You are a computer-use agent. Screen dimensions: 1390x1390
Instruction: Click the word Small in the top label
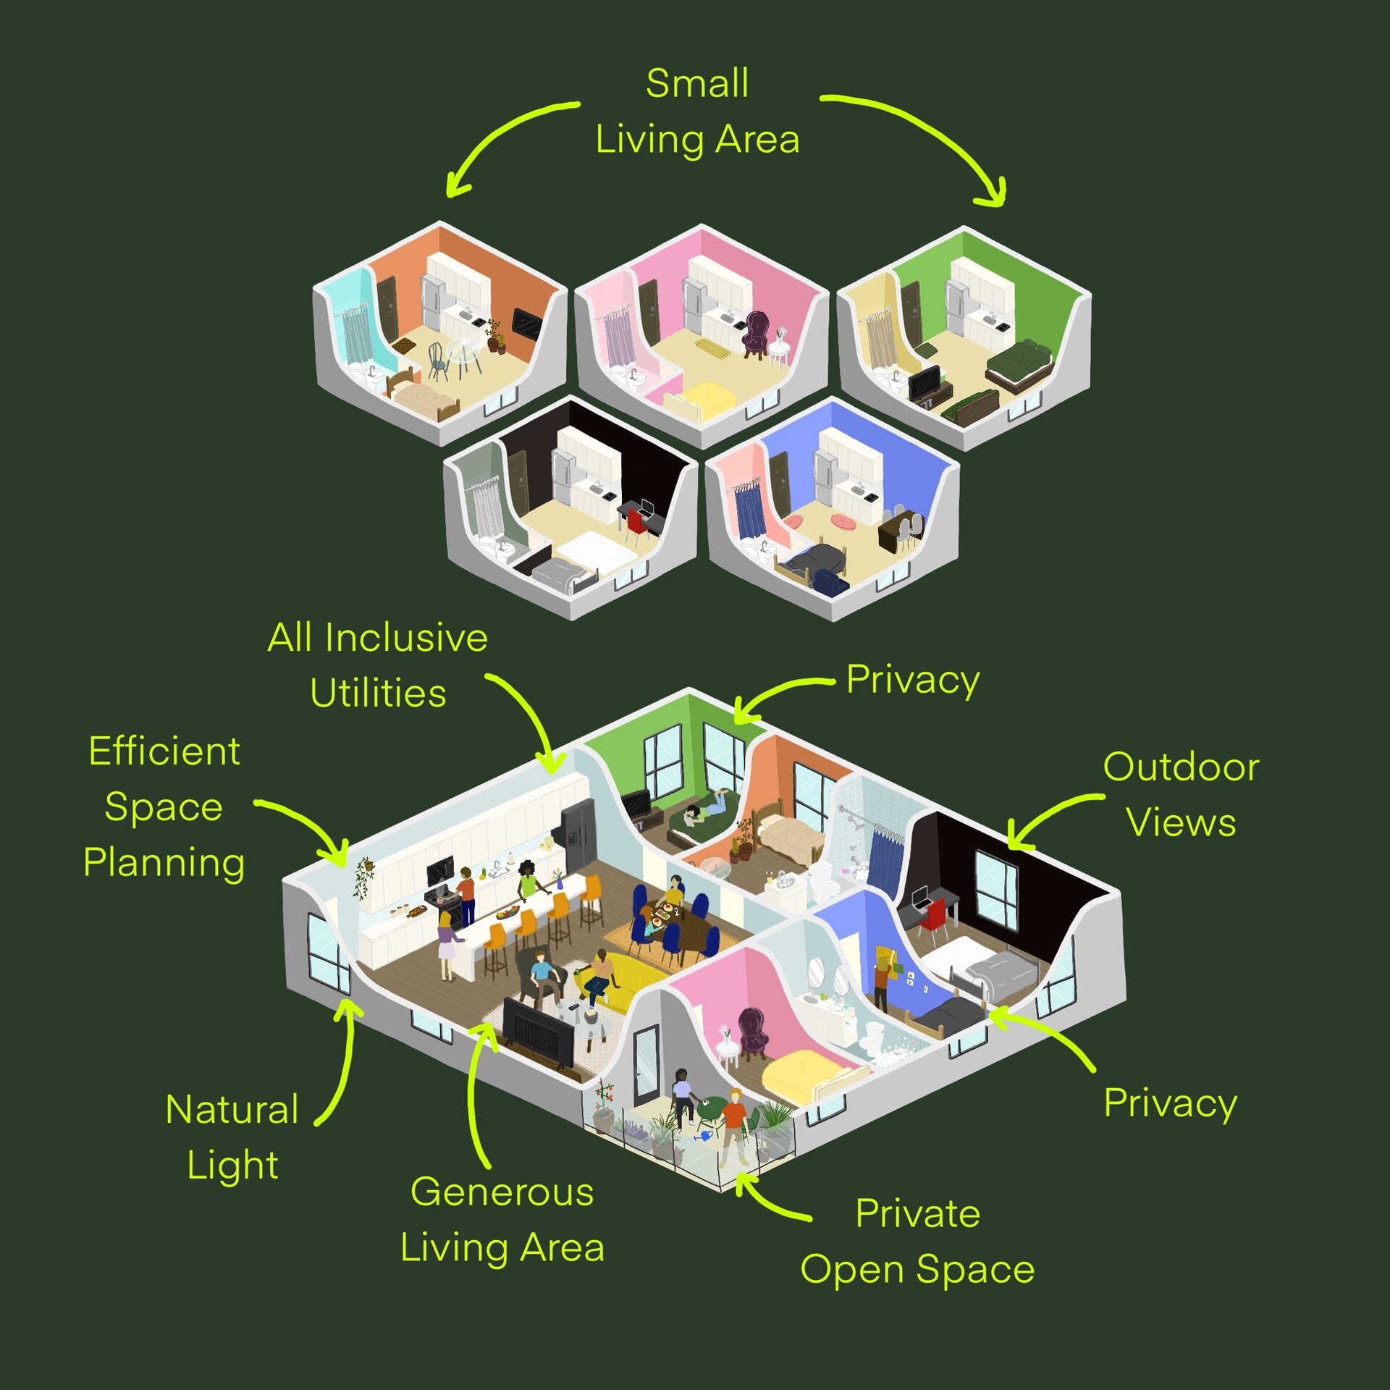coord(697,83)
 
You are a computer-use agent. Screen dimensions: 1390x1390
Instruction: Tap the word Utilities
coord(378,693)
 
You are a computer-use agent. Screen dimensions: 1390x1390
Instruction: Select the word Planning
coord(164,863)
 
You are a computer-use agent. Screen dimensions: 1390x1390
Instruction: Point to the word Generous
coord(502,1192)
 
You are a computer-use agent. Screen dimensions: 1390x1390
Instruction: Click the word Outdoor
coord(1181,767)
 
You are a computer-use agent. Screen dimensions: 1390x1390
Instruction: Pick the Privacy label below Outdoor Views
coord(1170,1103)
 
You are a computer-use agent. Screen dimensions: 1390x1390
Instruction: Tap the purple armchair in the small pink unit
coord(756,333)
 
